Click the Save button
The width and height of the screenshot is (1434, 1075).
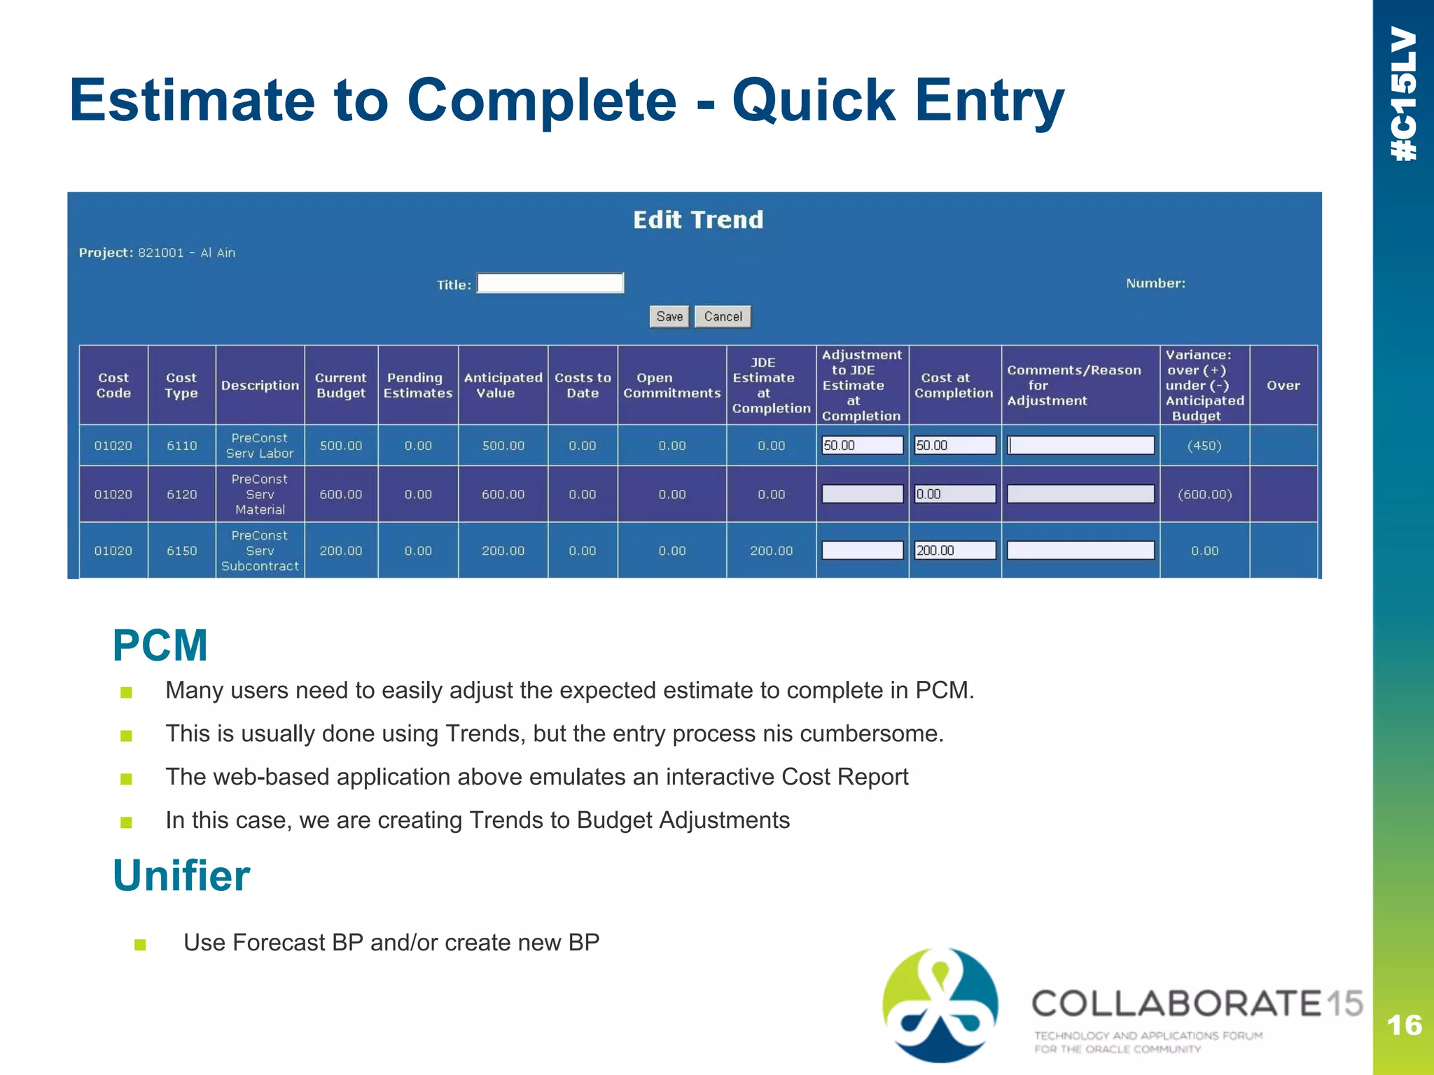(669, 316)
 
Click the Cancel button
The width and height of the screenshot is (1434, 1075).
(723, 316)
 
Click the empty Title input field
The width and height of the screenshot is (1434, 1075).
(550, 283)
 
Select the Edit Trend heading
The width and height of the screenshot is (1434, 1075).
(697, 220)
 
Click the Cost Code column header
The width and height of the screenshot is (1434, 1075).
(113, 385)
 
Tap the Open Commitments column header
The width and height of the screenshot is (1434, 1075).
(671, 385)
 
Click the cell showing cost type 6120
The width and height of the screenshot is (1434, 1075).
(182, 494)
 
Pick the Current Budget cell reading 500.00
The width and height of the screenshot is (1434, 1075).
(341, 446)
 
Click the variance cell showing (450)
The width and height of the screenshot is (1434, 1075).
(1204, 446)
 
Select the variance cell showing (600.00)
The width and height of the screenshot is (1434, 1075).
(1204, 494)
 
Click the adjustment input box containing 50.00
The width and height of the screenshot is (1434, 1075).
(862, 445)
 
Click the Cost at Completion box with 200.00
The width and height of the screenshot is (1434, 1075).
(954, 550)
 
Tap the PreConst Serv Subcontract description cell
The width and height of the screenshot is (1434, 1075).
(260, 550)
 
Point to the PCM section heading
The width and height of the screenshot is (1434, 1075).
(160, 645)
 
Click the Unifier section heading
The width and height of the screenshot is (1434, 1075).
(181, 876)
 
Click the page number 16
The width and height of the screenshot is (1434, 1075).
(1404, 1025)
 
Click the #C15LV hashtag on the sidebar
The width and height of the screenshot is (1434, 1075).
(1404, 94)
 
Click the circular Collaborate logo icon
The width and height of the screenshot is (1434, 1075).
(940, 1005)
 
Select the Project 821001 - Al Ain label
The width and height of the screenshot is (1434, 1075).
(157, 253)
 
